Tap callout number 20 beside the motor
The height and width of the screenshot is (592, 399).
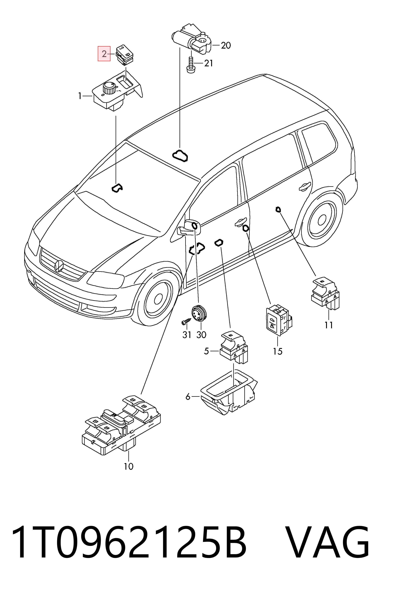coord(226,46)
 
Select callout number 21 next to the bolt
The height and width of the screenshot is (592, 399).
coord(209,63)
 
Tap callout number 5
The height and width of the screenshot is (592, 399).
coord(206,351)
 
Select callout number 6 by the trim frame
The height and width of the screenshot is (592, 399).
coord(188,396)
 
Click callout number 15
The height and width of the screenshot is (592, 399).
coord(278,351)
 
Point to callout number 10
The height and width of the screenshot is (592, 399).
coord(129,466)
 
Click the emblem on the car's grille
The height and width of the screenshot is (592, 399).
coord(58,266)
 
